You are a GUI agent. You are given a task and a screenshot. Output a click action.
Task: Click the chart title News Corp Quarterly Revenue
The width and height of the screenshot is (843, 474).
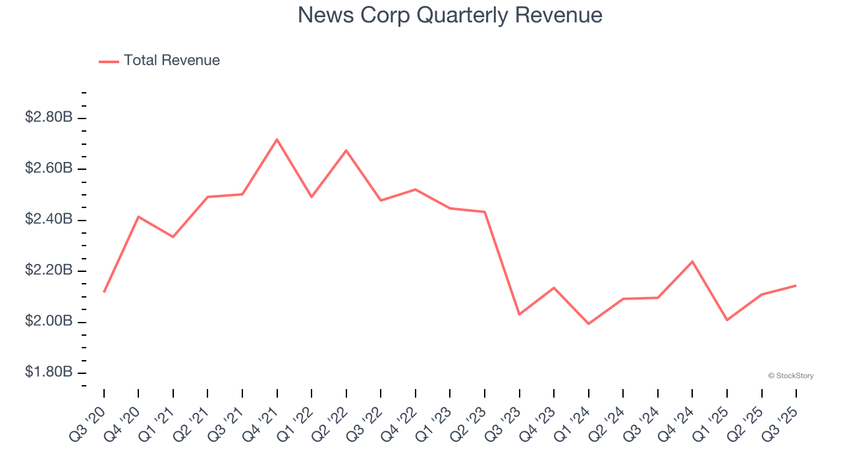(450, 15)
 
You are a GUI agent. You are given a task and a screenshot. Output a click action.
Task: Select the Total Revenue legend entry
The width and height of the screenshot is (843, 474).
(171, 61)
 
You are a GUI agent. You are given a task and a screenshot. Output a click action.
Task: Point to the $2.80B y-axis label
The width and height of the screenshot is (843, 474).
(48, 118)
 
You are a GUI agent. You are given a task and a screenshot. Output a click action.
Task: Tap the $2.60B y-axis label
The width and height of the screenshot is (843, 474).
(48, 169)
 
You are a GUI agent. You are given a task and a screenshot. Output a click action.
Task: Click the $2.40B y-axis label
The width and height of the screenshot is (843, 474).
(48, 219)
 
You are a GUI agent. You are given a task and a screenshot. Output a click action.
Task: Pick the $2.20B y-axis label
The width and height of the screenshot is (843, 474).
(48, 271)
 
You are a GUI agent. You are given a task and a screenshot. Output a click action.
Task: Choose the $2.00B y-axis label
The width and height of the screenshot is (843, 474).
(48, 321)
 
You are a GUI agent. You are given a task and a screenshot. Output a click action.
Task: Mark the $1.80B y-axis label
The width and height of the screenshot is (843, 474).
(48, 373)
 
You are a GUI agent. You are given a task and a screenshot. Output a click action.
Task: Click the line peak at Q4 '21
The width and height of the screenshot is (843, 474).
(277, 139)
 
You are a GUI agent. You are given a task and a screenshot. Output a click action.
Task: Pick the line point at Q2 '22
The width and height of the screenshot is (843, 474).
(346, 150)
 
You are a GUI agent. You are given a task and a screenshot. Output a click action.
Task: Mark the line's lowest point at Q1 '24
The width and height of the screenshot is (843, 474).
(589, 324)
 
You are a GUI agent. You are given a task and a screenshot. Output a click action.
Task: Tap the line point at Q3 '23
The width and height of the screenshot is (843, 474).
(520, 314)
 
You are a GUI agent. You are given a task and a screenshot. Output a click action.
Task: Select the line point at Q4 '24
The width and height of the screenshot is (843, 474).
(693, 261)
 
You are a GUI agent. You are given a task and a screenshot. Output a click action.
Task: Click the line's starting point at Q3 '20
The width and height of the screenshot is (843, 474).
(104, 292)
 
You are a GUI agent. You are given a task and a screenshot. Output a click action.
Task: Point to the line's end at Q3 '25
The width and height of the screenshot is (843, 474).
(796, 285)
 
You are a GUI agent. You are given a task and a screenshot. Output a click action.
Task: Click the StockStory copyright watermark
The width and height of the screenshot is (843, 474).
(790, 376)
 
